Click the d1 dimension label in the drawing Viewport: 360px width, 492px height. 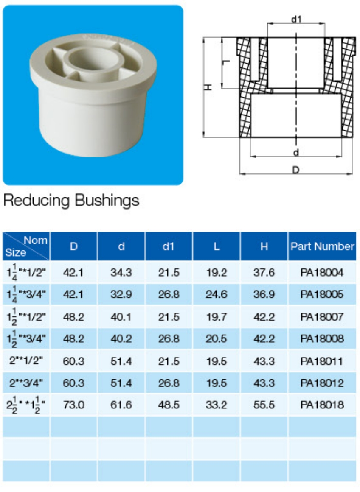pyautogui.click(x=296, y=19)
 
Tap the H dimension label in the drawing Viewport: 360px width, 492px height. pyautogui.click(x=208, y=87)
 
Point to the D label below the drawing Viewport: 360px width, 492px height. pyautogui.click(x=296, y=170)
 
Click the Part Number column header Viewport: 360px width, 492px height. pyautogui.click(x=322, y=246)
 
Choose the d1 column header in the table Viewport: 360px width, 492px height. pyautogui.click(x=169, y=246)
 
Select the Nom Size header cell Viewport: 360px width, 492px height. pyautogui.click(x=26, y=246)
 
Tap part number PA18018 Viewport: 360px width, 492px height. pyautogui.click(x=322, y=405)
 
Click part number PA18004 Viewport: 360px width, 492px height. pyautogui.click(x=322, y=273)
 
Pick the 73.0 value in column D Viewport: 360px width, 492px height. pyautogui.click(x=74, y=405)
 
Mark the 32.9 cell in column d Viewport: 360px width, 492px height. pyautogui.click(x=121, y=295)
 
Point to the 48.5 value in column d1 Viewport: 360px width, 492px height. pyautogui.click(x=169, y=405)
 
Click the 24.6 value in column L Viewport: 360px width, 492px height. pyautogui.click(x=217, y=295)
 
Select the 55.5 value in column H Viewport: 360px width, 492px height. pyautogui.click(x=264, y=405)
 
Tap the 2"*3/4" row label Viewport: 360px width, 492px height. pyautogui.click(x=26, y=383)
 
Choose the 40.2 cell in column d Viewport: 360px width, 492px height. pyautogui.click(x=121, y=339)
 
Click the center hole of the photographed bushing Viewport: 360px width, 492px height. pyautogui.click(x=92, y=59)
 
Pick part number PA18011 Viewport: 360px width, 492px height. pyautogui.click(x=322, y=361)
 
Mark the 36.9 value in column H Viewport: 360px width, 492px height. pyautogui.click(x=264, y=295)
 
